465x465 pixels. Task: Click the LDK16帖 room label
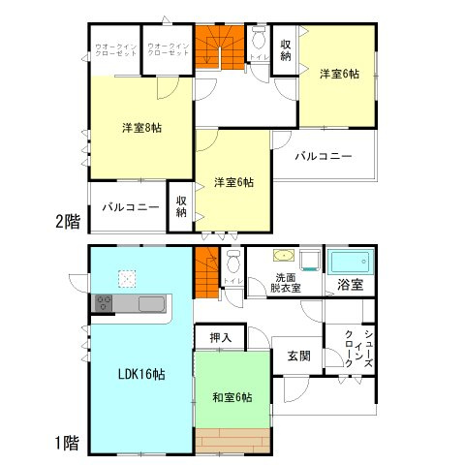point(140,375)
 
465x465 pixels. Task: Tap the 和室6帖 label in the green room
point(232,396)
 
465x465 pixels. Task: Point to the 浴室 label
point(350,285)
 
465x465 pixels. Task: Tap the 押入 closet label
point(220,337)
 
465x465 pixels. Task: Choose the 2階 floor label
point(68,221)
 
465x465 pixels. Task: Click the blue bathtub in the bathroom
point(350,262)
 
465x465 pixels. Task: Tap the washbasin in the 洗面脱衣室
point(283,257)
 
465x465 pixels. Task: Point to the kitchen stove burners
point(104,304)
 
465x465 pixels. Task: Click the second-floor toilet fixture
point(258,42)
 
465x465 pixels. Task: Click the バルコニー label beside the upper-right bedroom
point(324,155)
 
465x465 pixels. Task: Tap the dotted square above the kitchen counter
point(127,279)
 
